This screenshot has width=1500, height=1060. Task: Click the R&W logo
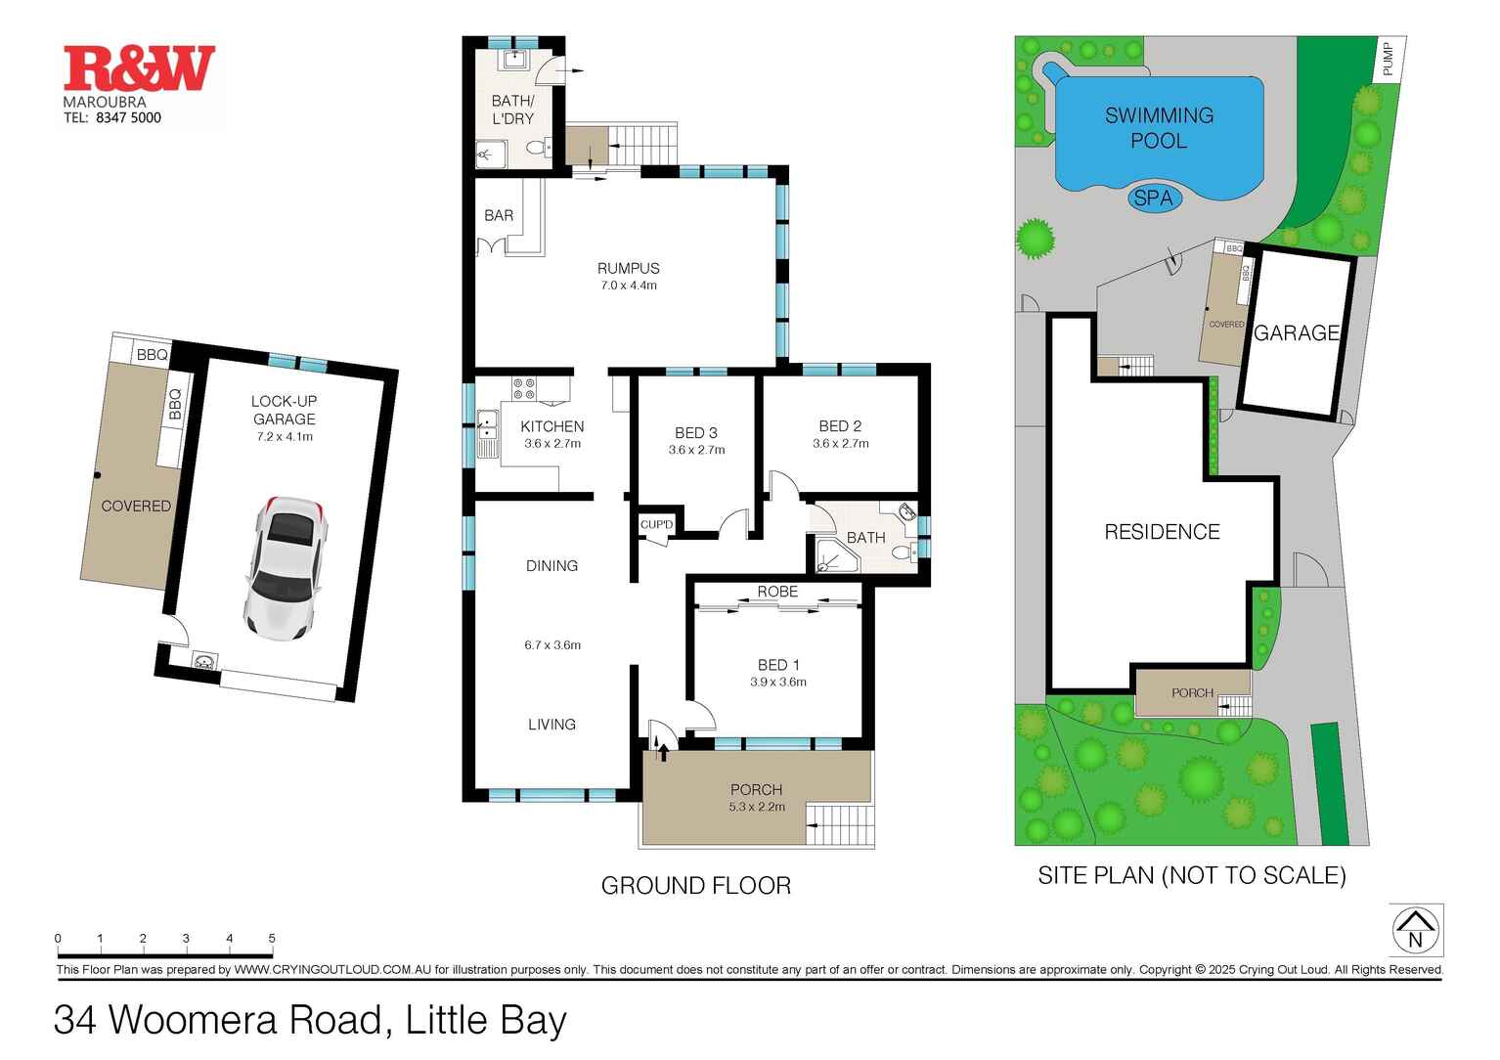pyautogui.click(x=139, y=68)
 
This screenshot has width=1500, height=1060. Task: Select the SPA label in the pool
pyautogui.click(x=1153, y=199)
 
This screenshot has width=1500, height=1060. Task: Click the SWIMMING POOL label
pyautogui.click(x=1159, y=127)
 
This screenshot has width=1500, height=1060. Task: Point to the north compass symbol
pyautogui.click(x=1415, y=930)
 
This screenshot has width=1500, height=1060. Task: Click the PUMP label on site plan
pyautogui.click(x=1388, y=60)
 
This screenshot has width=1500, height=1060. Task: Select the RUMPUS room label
pyautogui.click(x=628, y=268)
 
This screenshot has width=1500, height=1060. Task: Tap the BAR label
pyautogui.click(x=499, y=215)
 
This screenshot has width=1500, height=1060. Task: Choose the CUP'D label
pyautogui.click(x=657, y=525)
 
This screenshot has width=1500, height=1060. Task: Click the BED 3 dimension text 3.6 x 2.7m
pyautogui.click(x=696, y=451)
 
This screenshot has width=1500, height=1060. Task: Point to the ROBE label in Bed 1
pyautogui.click(x=777, y=592)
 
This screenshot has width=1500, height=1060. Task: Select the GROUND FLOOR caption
pyautogui.click(x=695, y=886)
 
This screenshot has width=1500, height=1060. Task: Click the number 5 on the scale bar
pyautogui.click(x=272, y=939)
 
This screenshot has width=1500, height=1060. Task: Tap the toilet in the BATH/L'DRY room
pyautogui.click(x=535, y=149)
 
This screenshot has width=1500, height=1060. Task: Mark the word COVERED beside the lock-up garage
pyautogui.click(x=136, y=506)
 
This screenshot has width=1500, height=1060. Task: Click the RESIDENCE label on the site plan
pyautogui.click(x=1162, y=532)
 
